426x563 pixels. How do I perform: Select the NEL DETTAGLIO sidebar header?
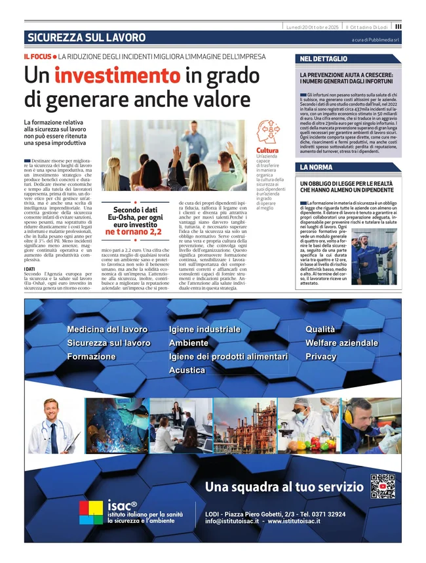[x=323, y=59]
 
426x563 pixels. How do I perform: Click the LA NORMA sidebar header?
[x=316, y=168]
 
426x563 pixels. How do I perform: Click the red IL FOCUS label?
[x=37, y=57]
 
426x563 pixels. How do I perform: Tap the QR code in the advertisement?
[x=382, y=486]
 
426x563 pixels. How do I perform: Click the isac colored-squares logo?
[x=90, y=512]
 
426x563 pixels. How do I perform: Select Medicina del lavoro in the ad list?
[x=107, y=329]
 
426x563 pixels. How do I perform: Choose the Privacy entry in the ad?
[x=320, y=357]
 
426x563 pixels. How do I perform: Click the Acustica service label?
[x=187, y=371]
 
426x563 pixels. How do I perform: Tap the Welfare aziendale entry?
[x=341, y=343]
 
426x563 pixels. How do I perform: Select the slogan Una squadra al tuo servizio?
[x=284, y=487]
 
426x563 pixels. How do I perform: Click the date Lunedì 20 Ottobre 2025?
[x=312, y=26]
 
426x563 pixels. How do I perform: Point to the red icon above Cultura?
[x=268, y=133]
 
